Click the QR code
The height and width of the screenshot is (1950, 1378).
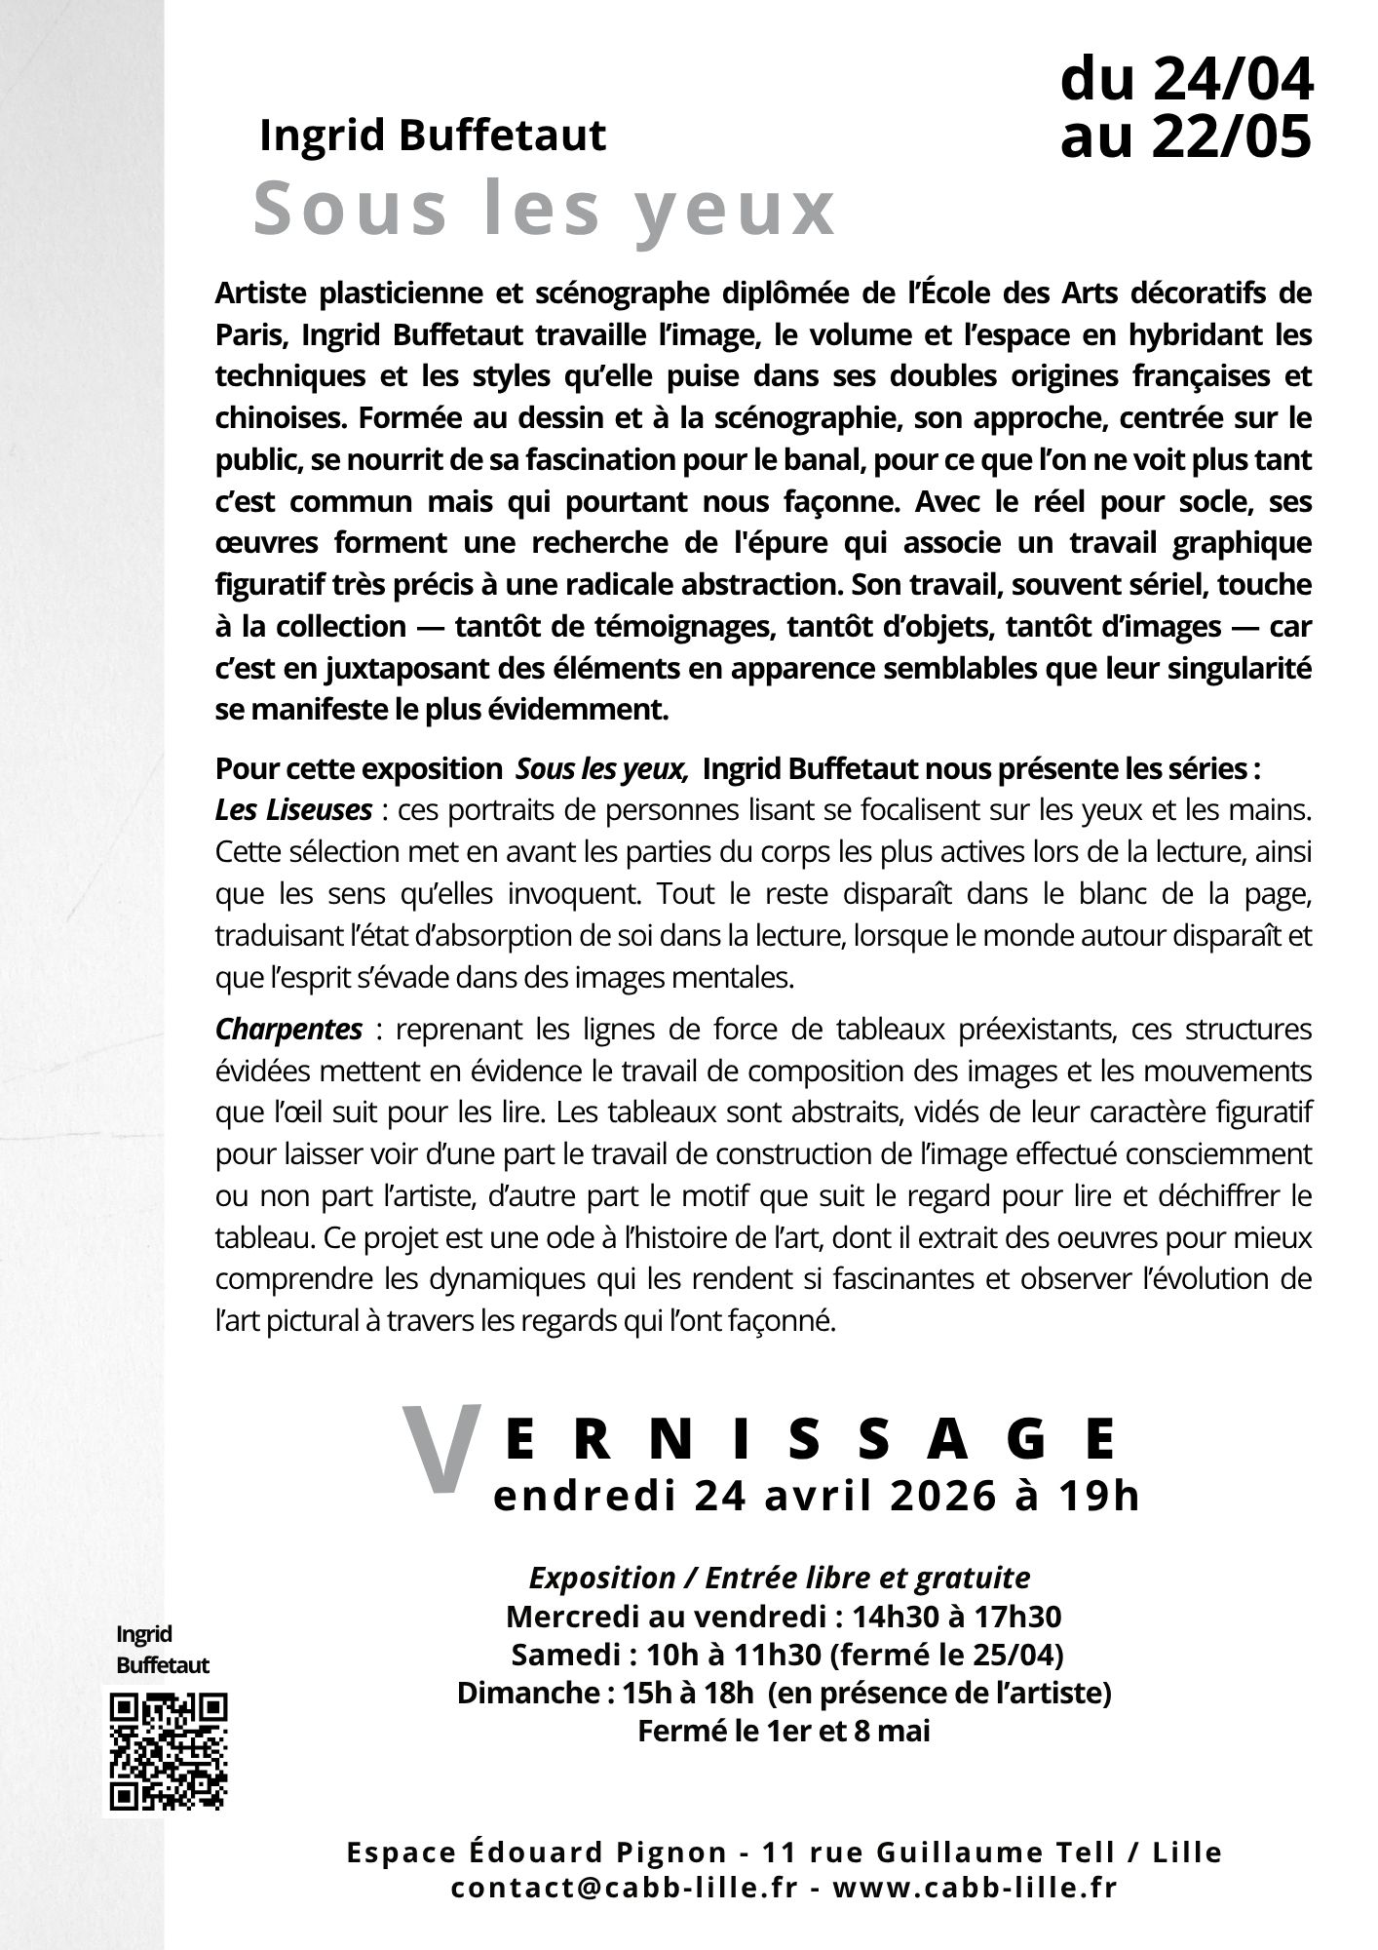(x=169, y=1751)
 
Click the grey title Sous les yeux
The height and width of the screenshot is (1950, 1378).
(x=545, y=210)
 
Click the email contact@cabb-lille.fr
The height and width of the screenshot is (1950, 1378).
(x=624, y=1887)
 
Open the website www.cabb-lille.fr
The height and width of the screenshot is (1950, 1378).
(x=975, y=1887)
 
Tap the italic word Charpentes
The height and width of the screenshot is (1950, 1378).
(x=288, y=1029)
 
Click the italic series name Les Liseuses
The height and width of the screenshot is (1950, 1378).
(x=293, y=809)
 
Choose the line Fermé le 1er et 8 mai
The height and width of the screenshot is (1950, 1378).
(x=784, y=1731)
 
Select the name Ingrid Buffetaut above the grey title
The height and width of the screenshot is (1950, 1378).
(x=433, y=136)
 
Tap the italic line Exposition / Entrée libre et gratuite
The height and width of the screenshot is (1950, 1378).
(x=779, y=1578)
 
